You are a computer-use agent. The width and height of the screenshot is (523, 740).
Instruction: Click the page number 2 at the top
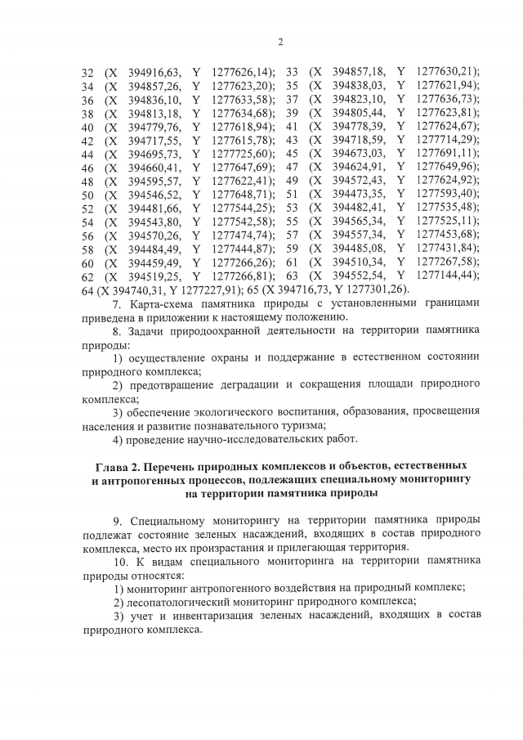pyautogui.click(x=279, y=43)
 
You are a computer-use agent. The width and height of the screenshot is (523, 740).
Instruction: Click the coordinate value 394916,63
pyautogui.click(x=154, y=72)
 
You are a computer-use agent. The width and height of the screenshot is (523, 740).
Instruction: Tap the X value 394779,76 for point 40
pyautogui.click(x=154, y=126)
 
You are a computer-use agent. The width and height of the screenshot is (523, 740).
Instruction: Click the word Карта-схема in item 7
pyautogui.click(x=161, y=303)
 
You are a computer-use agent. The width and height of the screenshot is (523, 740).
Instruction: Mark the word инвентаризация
pyautogui.click(x=207, y=615)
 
